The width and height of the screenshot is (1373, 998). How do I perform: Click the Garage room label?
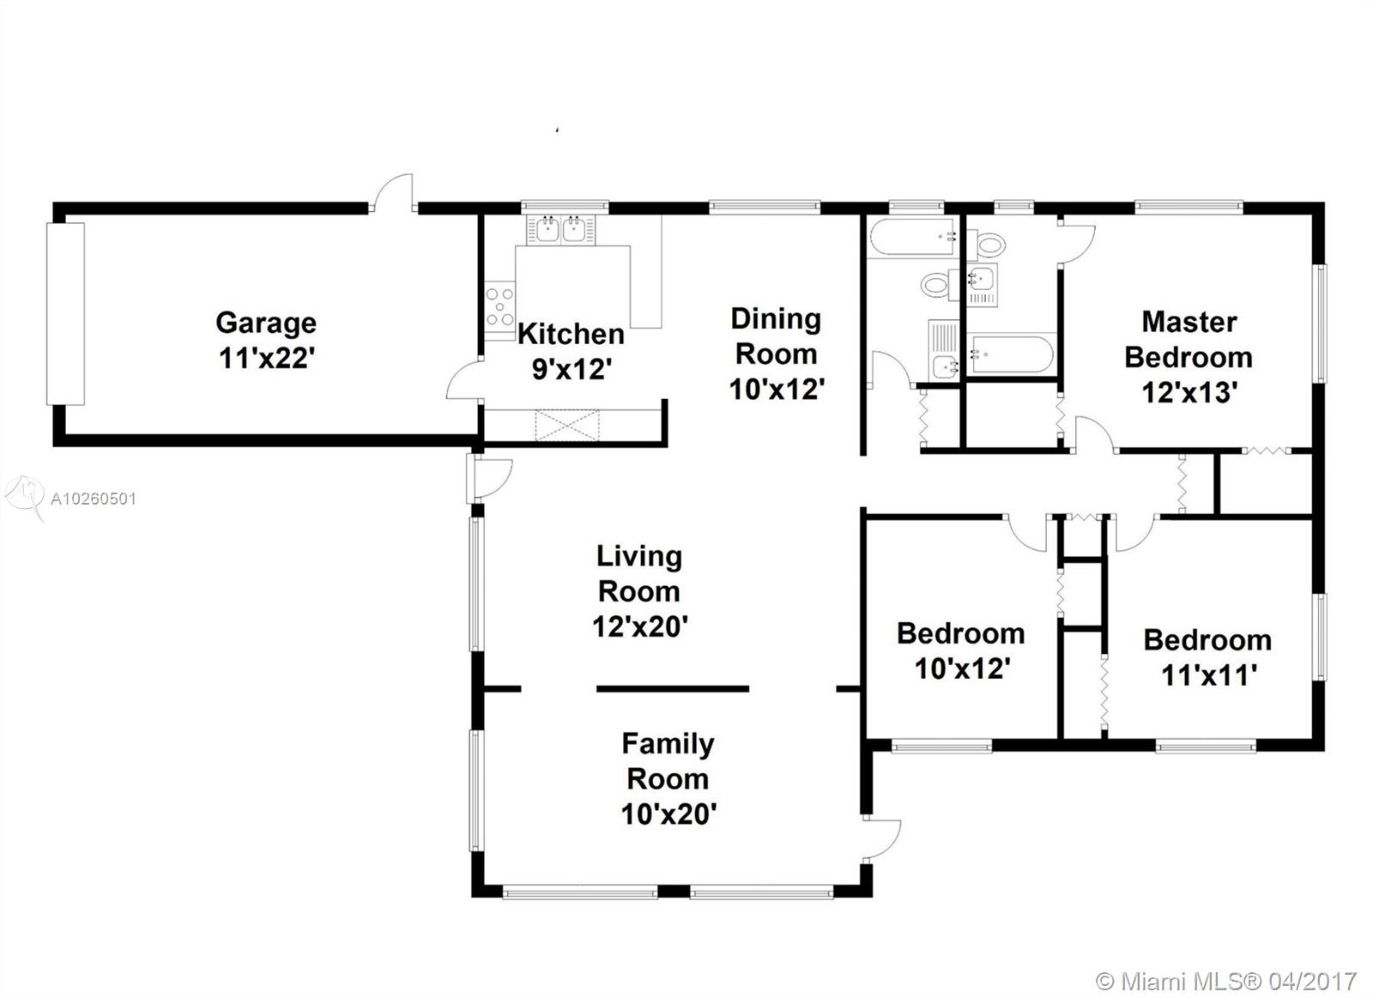[266, 324]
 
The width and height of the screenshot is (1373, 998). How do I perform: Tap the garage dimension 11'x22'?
[267, 358]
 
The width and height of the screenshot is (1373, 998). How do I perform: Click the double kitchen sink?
[561, 230]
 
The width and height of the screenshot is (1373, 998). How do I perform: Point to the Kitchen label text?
[571, 334]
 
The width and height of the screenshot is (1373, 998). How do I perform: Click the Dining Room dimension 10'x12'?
[777, 389]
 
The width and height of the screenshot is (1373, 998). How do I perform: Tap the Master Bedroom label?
[1189, 340]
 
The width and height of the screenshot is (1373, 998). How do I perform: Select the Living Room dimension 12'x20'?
[640, 626]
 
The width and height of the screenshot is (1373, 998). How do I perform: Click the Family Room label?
[668, 761]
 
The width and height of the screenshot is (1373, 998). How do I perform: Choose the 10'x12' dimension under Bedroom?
[962, 668]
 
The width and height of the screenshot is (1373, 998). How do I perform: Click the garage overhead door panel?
[65, 314]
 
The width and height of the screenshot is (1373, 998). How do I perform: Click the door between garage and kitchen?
[464, 380]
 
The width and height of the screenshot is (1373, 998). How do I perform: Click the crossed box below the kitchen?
[567, 426]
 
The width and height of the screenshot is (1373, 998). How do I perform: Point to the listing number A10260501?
[94, 499]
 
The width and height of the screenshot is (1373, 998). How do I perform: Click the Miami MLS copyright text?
[1226, 965]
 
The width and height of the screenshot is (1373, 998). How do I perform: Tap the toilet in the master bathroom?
[988, 244]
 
